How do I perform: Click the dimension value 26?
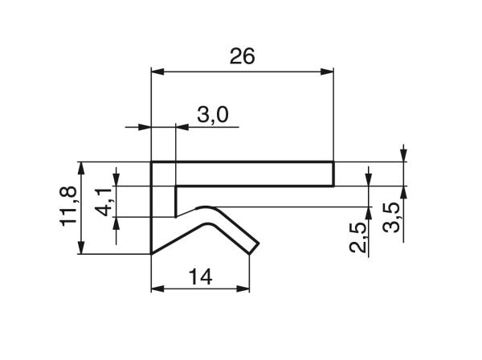(x=242, y=56)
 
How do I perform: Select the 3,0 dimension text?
(x=212, y=115)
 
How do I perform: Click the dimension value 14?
(x=200, y=276)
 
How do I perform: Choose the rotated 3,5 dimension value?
(x=391, y=219)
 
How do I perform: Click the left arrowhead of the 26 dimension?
(x=157, y=73)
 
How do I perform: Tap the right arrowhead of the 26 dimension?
(x=328, y=73)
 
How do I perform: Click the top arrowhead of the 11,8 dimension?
(x=81, y=167)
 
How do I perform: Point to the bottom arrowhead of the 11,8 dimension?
(x=81, y=249)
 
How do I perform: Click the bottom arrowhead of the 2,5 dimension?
(x=368, y=212)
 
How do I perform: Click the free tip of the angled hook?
(x=255, y=248)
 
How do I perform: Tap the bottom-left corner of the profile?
(x=153, y=254)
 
